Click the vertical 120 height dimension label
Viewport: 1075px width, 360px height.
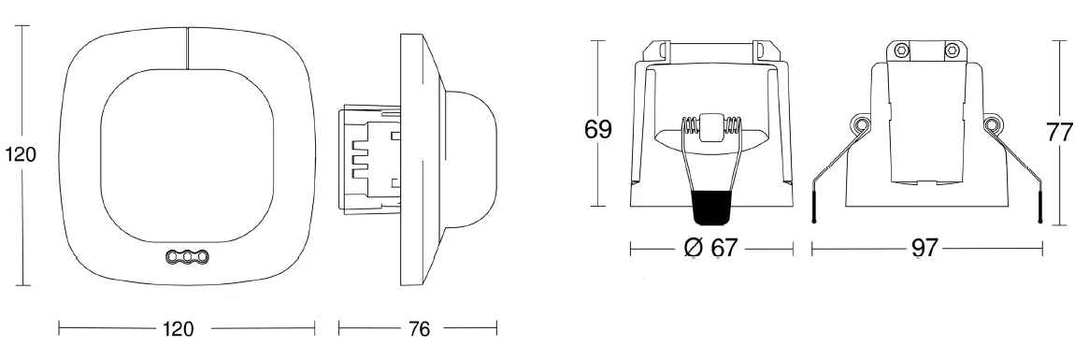click(x=21, y=155)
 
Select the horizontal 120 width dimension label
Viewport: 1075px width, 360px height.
click(x=178, y=329)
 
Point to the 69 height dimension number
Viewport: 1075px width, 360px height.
click(x=598, y=129)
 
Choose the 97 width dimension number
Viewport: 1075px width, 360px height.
click(x=924, y=249)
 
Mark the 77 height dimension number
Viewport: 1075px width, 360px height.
click(x=1059, y=132)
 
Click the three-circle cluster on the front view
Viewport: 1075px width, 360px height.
click(x=186, y=255)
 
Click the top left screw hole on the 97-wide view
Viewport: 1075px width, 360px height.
click(x=900, y=50)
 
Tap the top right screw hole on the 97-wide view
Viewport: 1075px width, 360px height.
click(x=951, y=50)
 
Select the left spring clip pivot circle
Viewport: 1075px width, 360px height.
click(x=859, y=124)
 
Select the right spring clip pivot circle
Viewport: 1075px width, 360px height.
click(x=992, y=124)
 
